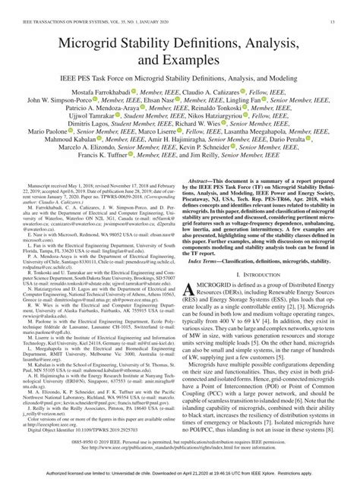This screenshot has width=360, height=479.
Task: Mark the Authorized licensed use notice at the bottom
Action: [180, 472]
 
